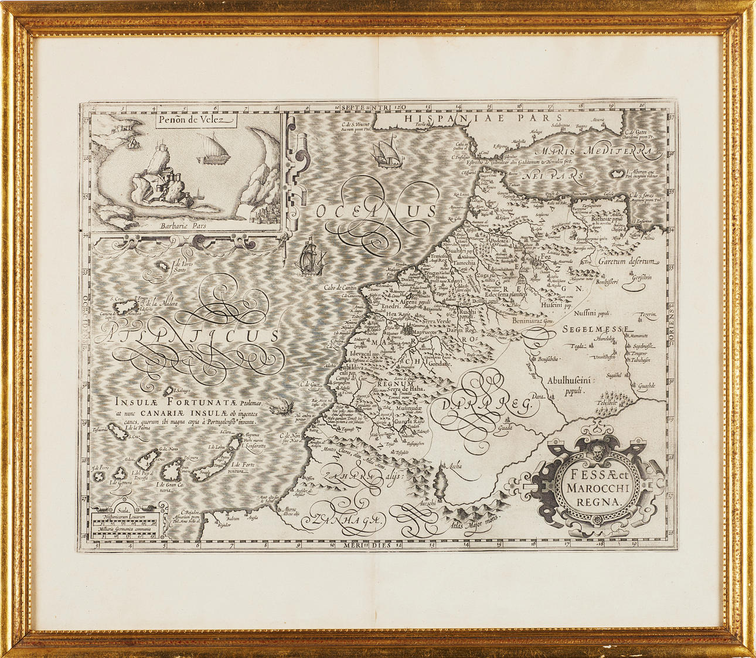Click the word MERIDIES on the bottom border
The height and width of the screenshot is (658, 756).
coord(366,544)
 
